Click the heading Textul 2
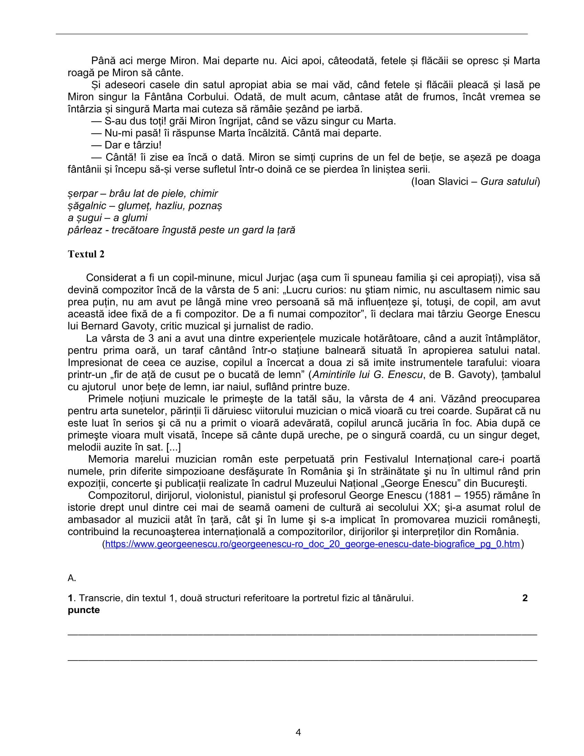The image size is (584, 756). pyautogui.click(x=86, y=254)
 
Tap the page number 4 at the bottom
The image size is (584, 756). pyautogui.click(x=298, y=732)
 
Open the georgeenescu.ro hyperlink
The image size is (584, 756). pyautogui.click(x=312, y=544)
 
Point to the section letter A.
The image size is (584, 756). pyautogui.click(x=71, y=578)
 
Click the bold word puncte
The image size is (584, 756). pyautogui.click(x=84, y=610)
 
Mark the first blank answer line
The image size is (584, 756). pyautogui.click(x=302, y=634)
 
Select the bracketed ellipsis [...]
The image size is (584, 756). pyautogui.click(x=173, y=447)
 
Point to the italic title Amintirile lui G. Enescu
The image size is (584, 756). pyautogui.click(x=368, y=375)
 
